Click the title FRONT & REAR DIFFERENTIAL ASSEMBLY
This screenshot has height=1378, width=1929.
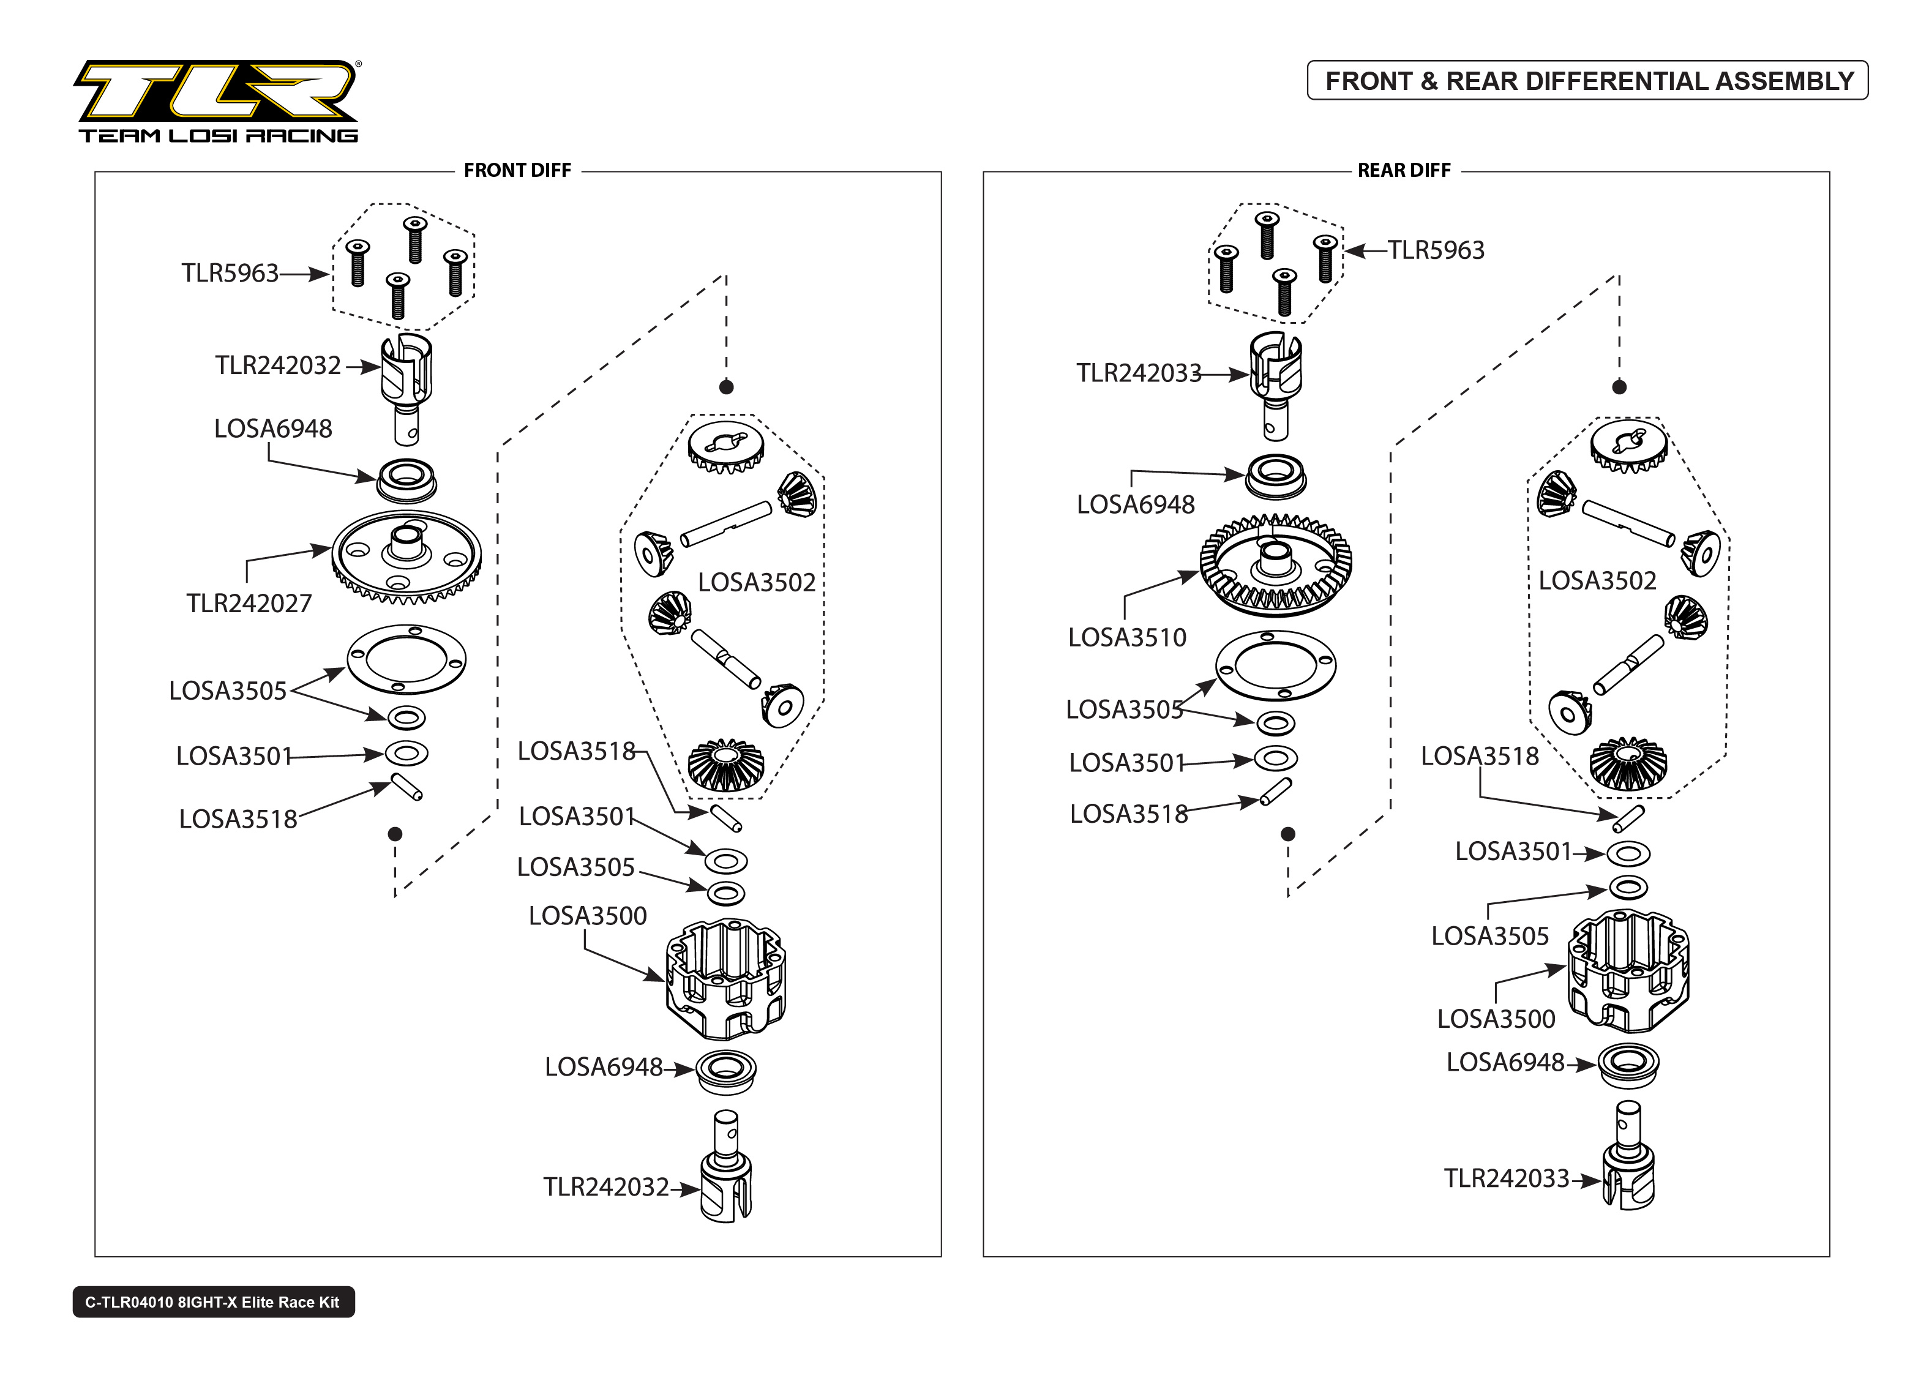point(1588,81)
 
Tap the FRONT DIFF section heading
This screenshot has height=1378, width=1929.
point(517,171)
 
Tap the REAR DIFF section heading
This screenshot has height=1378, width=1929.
point(1403,171)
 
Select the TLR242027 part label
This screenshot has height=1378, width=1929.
point(249,604)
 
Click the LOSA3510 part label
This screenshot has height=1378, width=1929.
point(1126,637)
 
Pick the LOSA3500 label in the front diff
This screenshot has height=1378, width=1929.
point(587,916)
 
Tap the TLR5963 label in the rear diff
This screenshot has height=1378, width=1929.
point(1436,250)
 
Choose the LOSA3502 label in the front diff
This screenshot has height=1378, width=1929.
point(756,582)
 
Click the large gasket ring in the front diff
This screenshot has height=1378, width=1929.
point(406,659)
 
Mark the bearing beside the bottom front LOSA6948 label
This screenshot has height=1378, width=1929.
point(725,1073)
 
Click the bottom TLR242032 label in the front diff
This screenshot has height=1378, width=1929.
point(605,1187)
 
